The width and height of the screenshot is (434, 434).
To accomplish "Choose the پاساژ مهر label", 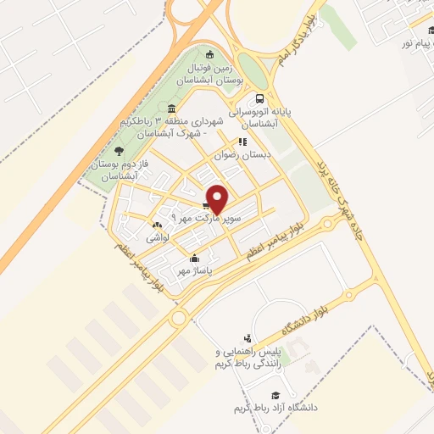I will coord(194,270).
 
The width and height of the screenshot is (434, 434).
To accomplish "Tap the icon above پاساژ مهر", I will coord(194,259).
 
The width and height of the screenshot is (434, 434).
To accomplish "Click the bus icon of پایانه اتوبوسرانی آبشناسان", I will coord(272,98).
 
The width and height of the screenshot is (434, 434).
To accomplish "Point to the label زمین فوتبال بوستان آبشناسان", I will coord(210,72).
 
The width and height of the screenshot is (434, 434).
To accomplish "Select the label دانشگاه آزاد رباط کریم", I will coord(279,408).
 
